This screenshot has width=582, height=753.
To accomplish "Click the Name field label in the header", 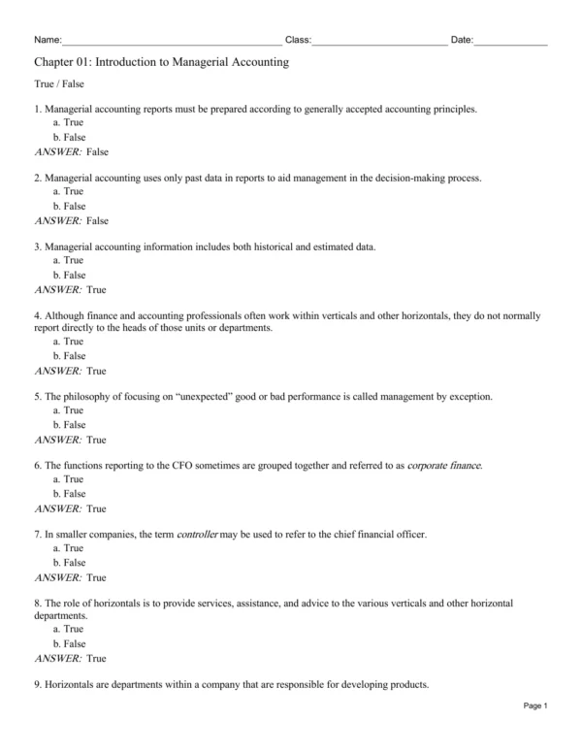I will pos(47,40).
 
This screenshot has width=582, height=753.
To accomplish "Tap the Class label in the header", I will pos(297,40).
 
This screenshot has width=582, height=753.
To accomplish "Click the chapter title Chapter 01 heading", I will pos(161,62).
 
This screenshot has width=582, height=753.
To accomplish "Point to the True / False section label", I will pos(58,85).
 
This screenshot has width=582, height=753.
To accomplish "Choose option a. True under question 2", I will pos(68,192).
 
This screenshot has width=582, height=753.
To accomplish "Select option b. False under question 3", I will pos(69,275).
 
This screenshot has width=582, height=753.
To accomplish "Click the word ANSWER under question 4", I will pos(57,371).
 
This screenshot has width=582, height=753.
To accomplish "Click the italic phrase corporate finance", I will pos(443,466).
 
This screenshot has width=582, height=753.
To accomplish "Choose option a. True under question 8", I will pos(68,630).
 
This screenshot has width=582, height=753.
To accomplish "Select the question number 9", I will pos(37,685).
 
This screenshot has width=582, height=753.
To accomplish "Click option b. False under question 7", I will pos(69,563).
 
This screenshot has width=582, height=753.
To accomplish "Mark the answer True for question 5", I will pos(96,440).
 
